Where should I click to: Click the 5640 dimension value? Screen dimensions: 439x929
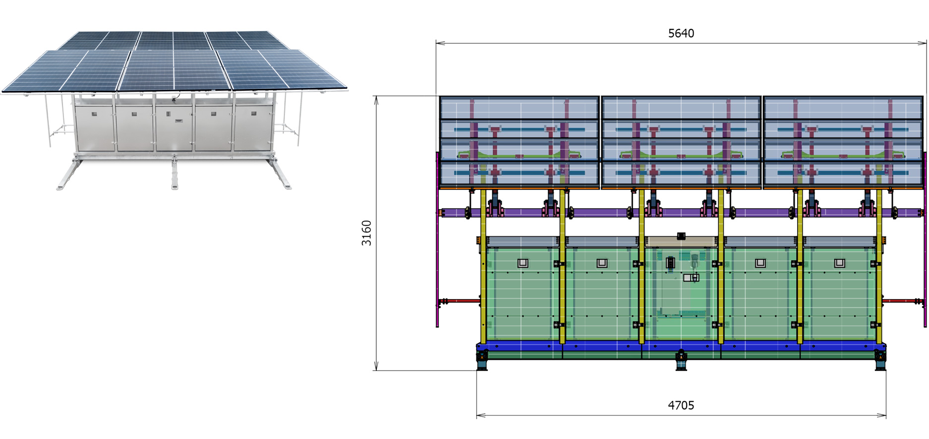[x=681, y=33]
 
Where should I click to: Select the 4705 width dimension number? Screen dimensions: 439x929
[x=681, y=405]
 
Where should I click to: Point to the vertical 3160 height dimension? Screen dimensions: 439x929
[x=366, y=233]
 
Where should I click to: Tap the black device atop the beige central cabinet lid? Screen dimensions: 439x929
[x=681, y=236]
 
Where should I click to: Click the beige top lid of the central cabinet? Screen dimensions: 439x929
[x=681, y=242]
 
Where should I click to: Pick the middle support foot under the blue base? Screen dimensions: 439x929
[x=681, y=361]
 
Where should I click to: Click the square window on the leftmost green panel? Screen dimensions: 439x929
[x=523, y=263]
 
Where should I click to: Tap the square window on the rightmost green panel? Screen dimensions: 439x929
[x=839, y=263]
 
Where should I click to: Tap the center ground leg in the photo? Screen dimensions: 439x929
[x=174, y=174]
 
